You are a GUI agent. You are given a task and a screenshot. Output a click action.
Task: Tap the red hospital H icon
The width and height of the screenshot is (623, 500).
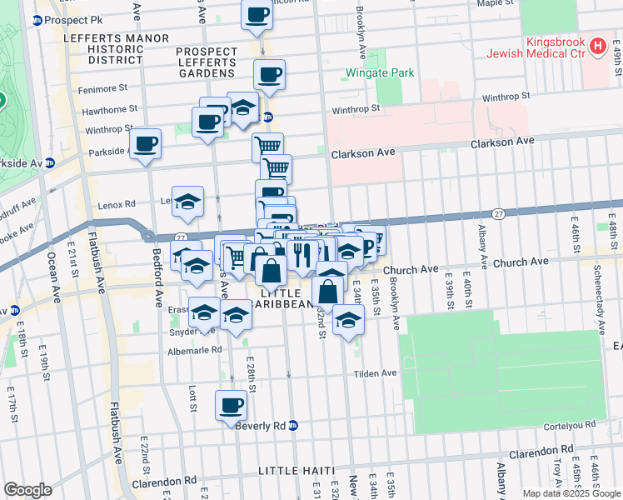597,47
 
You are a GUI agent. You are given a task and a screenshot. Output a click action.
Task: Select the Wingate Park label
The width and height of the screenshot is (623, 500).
380,72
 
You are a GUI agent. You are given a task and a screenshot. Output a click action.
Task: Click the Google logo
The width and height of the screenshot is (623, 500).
27,490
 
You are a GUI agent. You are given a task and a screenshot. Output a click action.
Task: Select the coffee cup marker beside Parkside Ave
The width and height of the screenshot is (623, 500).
145,143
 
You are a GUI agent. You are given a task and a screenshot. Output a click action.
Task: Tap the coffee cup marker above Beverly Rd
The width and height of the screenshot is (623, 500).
232,406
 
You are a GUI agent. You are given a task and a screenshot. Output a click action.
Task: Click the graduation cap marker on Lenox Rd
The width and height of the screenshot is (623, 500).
188,201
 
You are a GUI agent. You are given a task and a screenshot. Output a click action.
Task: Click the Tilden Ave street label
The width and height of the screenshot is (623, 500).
376,373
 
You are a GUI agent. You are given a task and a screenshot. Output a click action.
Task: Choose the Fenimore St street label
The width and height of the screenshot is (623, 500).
105,87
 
